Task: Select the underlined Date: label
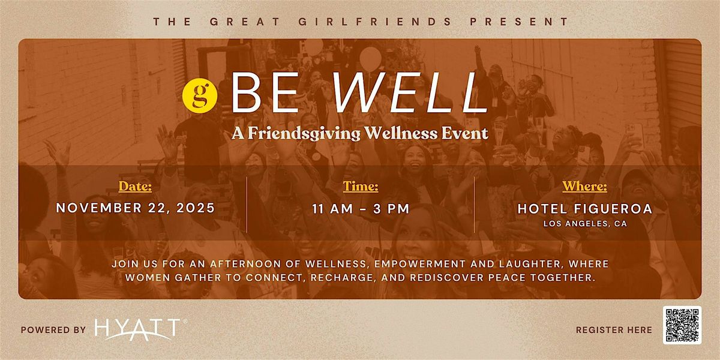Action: (x=135, y=187)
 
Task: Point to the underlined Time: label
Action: (x=361, y=187)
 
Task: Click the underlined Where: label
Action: (x=584, y=187)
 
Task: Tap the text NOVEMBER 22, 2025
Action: (x=135, y=208)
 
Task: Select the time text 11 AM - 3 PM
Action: (x=361, y=209)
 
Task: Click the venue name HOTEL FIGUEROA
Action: (x=584, y=208)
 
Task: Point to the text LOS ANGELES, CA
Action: (x=584, y=224)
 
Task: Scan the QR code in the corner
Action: (x=682, y=325)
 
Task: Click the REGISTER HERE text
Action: (x=614, y=329)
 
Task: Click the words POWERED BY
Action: (x=53, y=329)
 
